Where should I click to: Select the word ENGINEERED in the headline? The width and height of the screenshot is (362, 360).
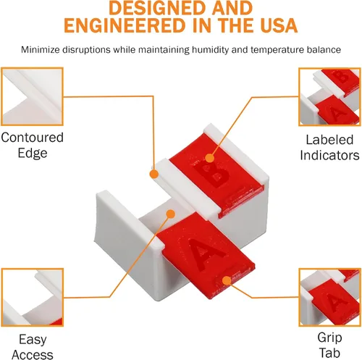tap(125, 25)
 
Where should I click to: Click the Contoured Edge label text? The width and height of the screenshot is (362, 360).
tap(33, 145)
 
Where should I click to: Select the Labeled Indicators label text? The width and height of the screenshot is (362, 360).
tap(329, 147)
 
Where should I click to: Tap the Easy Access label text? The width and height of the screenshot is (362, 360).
tap(33, 347)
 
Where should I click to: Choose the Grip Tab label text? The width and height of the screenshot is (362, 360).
tap(329, 345)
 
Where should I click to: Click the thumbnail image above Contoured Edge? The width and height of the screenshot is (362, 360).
tap(32, 96)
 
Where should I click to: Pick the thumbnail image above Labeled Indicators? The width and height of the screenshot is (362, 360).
tap(329, 97)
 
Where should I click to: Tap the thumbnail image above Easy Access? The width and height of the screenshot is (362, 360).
tap(32, 297)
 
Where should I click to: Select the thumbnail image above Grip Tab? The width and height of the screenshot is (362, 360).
tap(329, 297)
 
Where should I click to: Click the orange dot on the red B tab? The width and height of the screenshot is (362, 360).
tap(210, 158)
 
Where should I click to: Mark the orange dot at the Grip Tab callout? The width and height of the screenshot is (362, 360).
tap(227, 280)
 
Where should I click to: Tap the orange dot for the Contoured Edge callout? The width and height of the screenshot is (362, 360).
tap(154, 174)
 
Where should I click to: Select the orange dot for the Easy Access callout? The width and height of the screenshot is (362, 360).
tap(171, 214)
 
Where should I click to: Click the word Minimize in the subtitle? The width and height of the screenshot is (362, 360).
tap(41, 50)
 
